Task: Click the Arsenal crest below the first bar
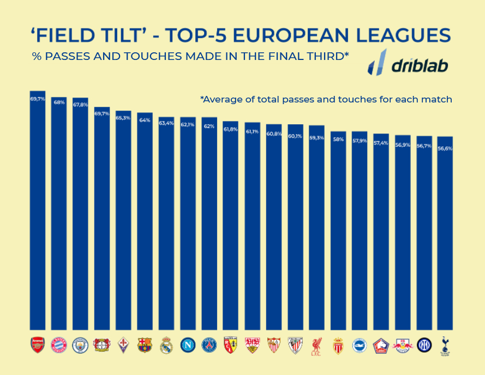click(x=38, y=344)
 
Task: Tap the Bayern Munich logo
click(x=59, y=345)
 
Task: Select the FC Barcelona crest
click(x=145, y=345)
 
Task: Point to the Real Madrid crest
click(x=166, y=345)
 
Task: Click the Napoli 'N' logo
click(x=188, y=345)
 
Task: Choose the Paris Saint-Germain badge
click(x=209, y=345)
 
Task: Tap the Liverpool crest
click(x=316, y=345)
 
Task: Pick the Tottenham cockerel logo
click(x=446, y=345)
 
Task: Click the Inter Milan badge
click(x=424, y=345)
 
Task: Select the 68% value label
click(x=59, y=102)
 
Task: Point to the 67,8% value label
click(x=80, y=105)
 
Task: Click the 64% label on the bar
click(x=145, y=120)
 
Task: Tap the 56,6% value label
click(x=445, y=148)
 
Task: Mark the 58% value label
click(x=338, y=140)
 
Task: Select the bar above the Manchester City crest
click(x=80, y=218)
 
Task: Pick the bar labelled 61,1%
click(x=252, y=229)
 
